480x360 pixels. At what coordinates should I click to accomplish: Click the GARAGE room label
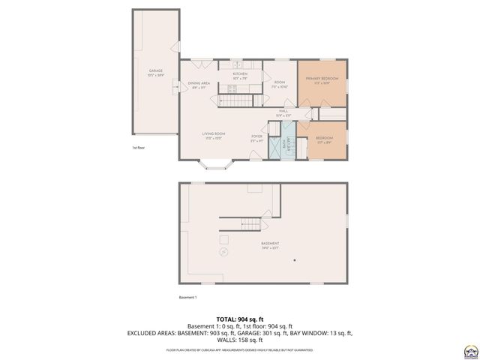155,71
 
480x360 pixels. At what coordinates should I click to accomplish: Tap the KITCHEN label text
240,74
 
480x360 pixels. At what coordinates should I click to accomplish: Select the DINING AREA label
199,83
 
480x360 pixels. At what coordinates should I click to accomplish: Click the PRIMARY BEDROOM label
322,79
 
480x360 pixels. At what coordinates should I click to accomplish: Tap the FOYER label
256,136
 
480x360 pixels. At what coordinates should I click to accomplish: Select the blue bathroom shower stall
278,147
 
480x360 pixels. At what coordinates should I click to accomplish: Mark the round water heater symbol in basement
223,253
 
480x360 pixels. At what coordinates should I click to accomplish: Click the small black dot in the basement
295,259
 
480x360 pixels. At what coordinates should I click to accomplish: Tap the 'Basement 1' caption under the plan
187,298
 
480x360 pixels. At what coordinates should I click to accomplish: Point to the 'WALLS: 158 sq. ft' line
240,340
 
